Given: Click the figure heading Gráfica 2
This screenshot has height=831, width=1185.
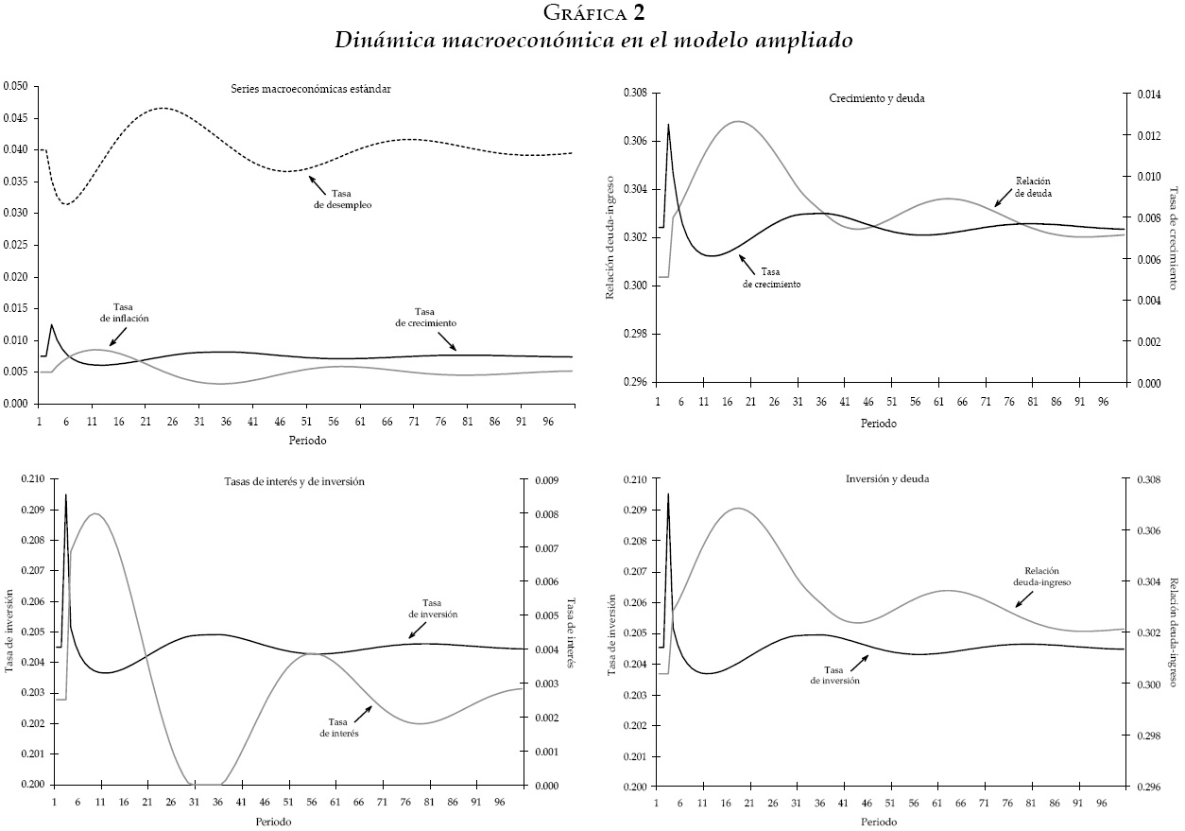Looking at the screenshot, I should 593,13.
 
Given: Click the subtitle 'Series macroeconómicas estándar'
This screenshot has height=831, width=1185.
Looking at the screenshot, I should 311,89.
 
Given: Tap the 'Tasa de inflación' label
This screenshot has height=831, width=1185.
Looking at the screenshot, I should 125,313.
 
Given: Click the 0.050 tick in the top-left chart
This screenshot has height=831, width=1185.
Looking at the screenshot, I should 15,86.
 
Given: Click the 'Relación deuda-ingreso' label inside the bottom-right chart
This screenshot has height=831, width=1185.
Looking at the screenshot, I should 1045,577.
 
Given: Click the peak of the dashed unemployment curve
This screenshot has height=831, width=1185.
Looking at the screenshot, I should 162,108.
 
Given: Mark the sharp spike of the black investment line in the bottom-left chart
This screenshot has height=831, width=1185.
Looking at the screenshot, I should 65,494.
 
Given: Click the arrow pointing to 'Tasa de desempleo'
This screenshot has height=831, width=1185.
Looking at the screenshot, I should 317,182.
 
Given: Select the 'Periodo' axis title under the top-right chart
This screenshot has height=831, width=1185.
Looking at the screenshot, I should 878,424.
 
